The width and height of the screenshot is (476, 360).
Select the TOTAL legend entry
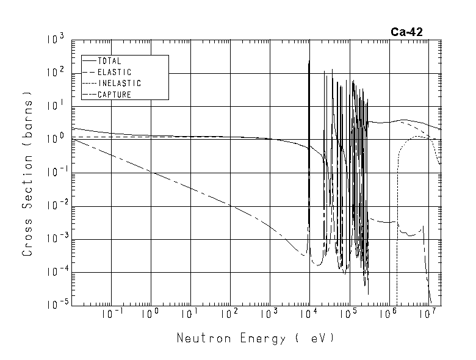coord(109,61)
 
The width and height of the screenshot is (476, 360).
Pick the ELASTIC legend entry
coord(114,72)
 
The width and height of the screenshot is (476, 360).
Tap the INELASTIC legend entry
coord(119,83)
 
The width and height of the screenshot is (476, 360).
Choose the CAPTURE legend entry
coord(114,95)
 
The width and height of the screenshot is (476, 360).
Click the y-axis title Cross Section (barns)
coord(28,173)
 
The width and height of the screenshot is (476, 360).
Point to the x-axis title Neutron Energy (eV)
coord(256,337)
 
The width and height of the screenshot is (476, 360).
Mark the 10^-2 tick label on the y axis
coord(54,206)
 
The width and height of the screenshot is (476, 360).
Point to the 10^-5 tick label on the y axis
coord(54,305)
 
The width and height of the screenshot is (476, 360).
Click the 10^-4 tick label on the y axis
coord(54,272)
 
